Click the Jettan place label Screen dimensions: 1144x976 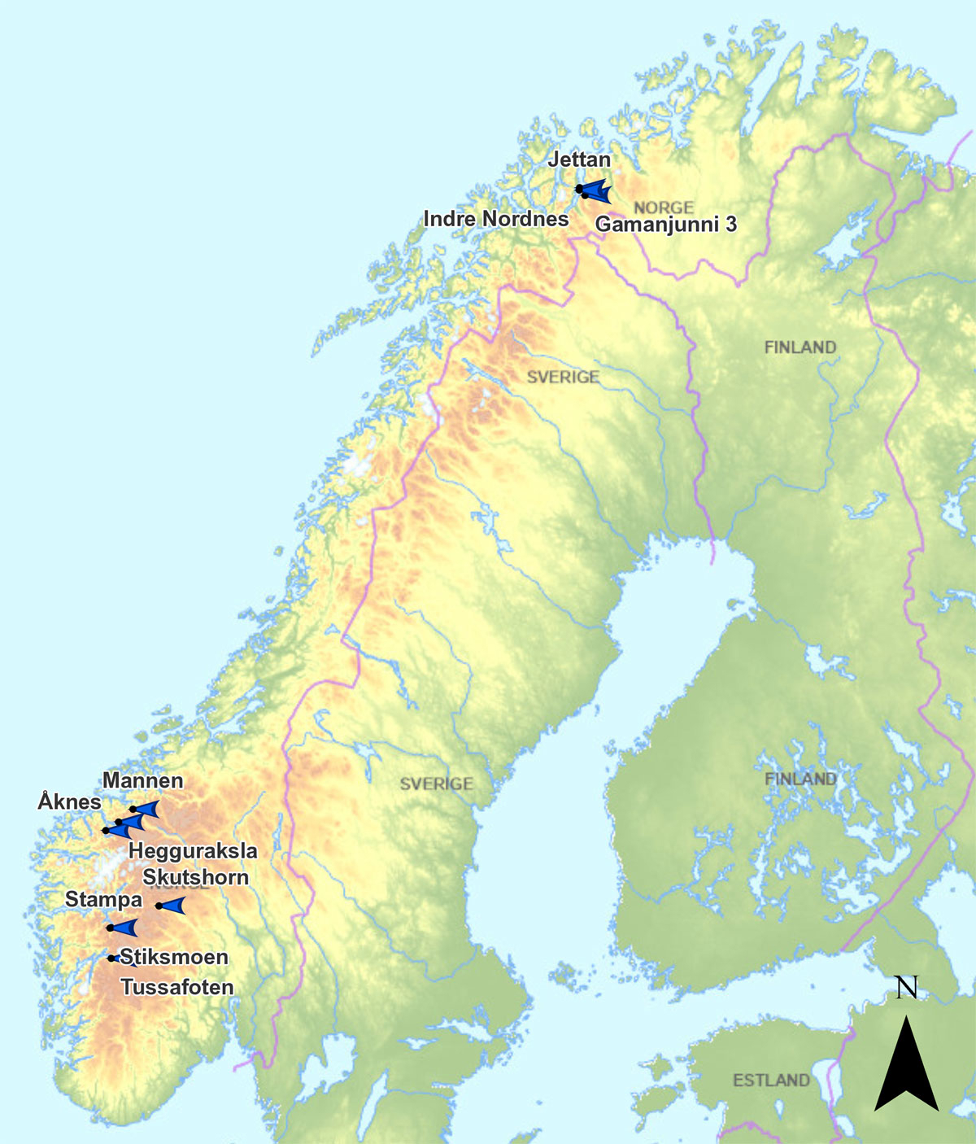click(x=579, y=159)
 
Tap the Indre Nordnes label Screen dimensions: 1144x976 click(x=496, y=219)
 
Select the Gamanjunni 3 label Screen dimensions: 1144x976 click(x=666, y=224)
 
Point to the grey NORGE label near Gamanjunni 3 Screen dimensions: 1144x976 click(x=664, y=207)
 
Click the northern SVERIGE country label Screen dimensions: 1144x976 click(x=563, y=378)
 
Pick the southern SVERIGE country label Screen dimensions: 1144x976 click(x=436, y=784)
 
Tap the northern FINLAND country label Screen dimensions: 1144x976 click(x=800, y=347)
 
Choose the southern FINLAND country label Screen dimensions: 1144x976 click(x=800, y=779)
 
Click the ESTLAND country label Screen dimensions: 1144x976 click(x=771, y=1081)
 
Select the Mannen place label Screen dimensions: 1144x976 click(x=143, y=781)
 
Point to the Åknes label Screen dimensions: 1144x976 click(x=70, y=802)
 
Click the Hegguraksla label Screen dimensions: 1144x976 click(x=194, y=851)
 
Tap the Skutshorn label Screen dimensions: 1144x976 click(x=195, y=877)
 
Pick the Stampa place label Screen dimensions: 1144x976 click(x=103, y=900)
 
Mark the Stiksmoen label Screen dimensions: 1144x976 click(x=174, y=957)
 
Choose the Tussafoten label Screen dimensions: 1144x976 click(x=177, y=987)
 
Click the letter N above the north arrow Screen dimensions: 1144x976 click(x=906, y=988)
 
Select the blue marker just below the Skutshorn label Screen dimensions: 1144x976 click(x=172, y=906)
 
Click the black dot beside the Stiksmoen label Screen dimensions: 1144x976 click(x=111, y=958)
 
